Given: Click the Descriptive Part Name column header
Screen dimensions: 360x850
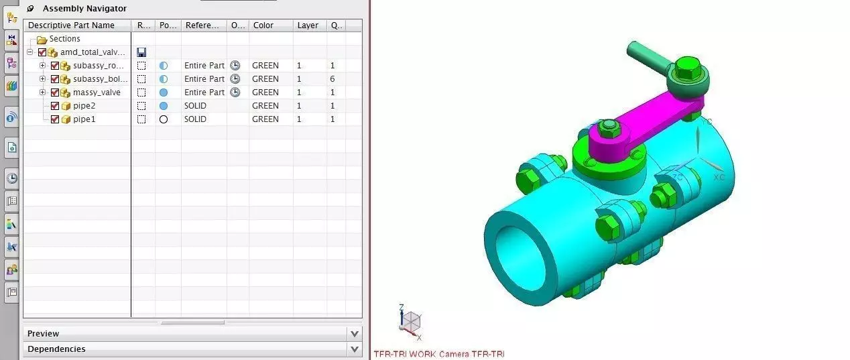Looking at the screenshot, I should coord(71,25).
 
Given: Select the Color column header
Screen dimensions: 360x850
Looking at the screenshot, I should coord(263,25).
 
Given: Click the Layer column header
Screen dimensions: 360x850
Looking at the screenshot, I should coord(308,25).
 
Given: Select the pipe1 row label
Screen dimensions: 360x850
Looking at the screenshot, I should coord(84,119).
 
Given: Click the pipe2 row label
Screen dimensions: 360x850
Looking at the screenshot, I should coord(84,106).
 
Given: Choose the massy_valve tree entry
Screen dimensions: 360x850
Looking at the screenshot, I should coord(97,93).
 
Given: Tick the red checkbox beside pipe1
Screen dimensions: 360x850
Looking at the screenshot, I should coord(55,119).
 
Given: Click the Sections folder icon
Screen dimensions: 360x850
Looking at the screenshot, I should coord(42,39).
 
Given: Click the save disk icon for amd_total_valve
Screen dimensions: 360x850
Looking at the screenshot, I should coord(141,52).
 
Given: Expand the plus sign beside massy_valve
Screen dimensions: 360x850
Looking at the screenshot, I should coord(42,93).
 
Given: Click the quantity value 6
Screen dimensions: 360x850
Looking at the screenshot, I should coord(332,79).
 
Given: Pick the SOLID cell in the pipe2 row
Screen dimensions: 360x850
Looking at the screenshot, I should coord(196,106).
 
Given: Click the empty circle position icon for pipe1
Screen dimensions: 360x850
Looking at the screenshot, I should coord(163,119).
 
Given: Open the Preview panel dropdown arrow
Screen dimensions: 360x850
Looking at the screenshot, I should coord(355,333).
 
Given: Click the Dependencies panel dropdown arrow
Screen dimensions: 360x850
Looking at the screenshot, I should coord(355,349).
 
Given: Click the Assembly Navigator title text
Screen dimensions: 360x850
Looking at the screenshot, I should coord(84,9).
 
